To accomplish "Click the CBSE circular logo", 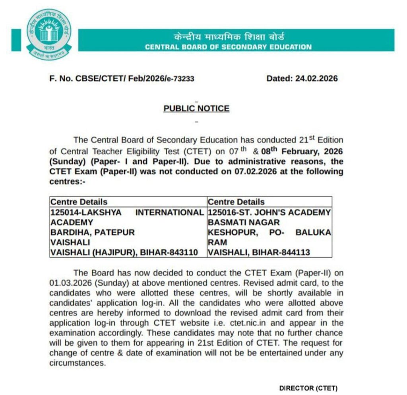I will [48, 34].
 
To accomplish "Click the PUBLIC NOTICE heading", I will [196, 108].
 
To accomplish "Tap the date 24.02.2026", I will [316, 79].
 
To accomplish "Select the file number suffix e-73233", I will [180, 79].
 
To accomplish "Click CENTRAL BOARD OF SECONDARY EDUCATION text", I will [228, 47].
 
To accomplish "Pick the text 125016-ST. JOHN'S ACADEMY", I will [269, 213].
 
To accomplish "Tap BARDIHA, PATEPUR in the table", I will [92, 232].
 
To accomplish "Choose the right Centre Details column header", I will [236, 202].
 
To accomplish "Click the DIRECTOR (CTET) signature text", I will [308, 388].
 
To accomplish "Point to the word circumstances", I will [78, 363].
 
